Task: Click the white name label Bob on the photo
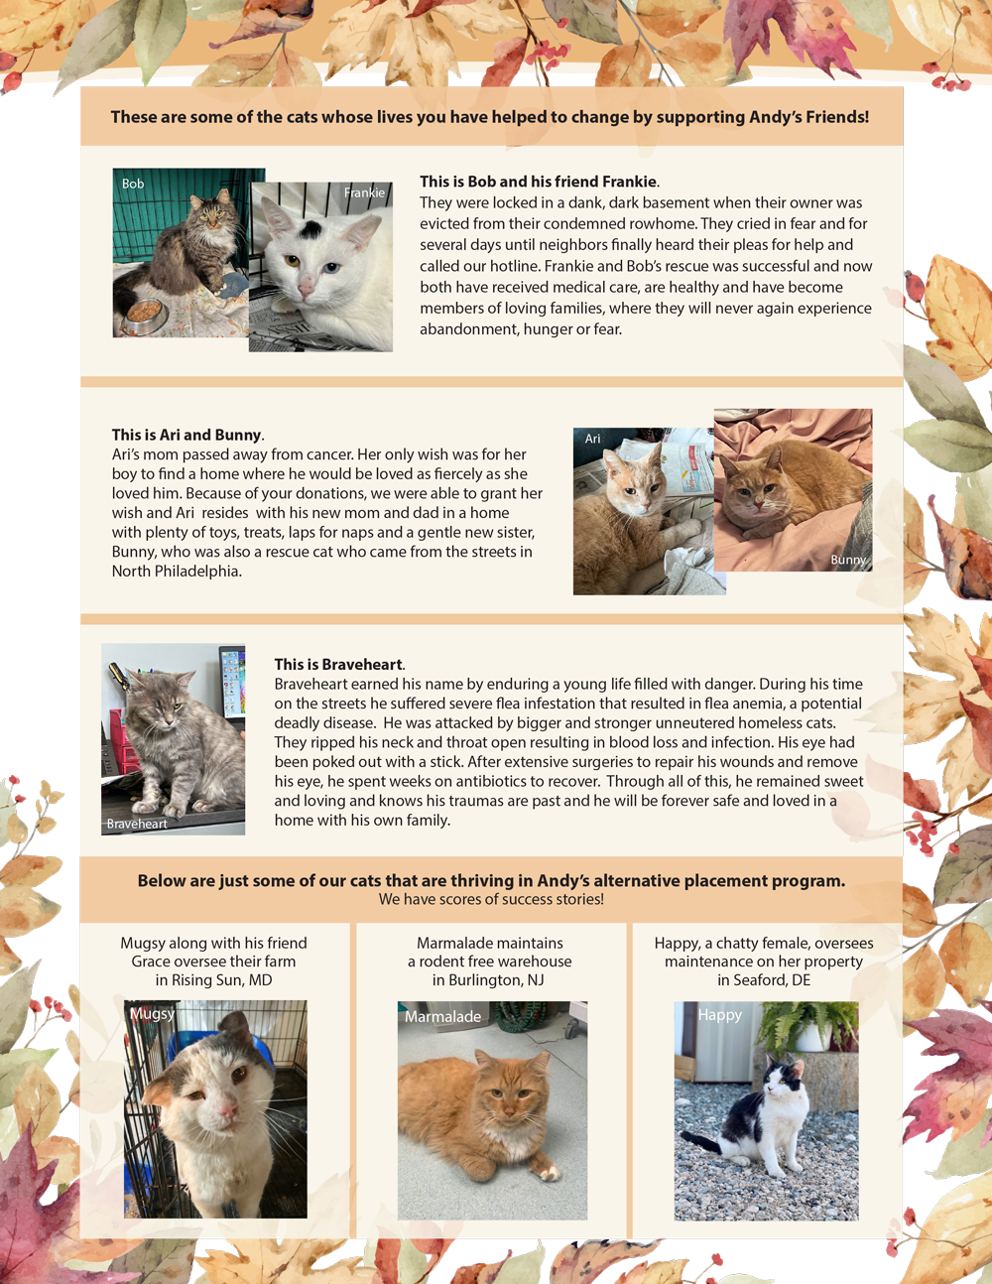point(133,184)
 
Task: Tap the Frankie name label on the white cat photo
point(364,193)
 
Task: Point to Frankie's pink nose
point(306,288)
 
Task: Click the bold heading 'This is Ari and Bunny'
point(186,435)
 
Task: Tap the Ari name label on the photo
point(592,439)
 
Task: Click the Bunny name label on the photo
point(848,559)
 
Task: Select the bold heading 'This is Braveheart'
point(338,664)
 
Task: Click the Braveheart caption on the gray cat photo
point(137,824)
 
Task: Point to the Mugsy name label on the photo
point(153,1013)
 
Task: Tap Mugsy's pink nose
point(227,1108)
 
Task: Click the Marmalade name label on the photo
point(442,1016)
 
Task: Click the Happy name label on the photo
point(720,1014)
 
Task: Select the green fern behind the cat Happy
point(806,1025)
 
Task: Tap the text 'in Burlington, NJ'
point(488,979)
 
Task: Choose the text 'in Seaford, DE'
point(764,979)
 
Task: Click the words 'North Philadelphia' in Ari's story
point(176,572)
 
